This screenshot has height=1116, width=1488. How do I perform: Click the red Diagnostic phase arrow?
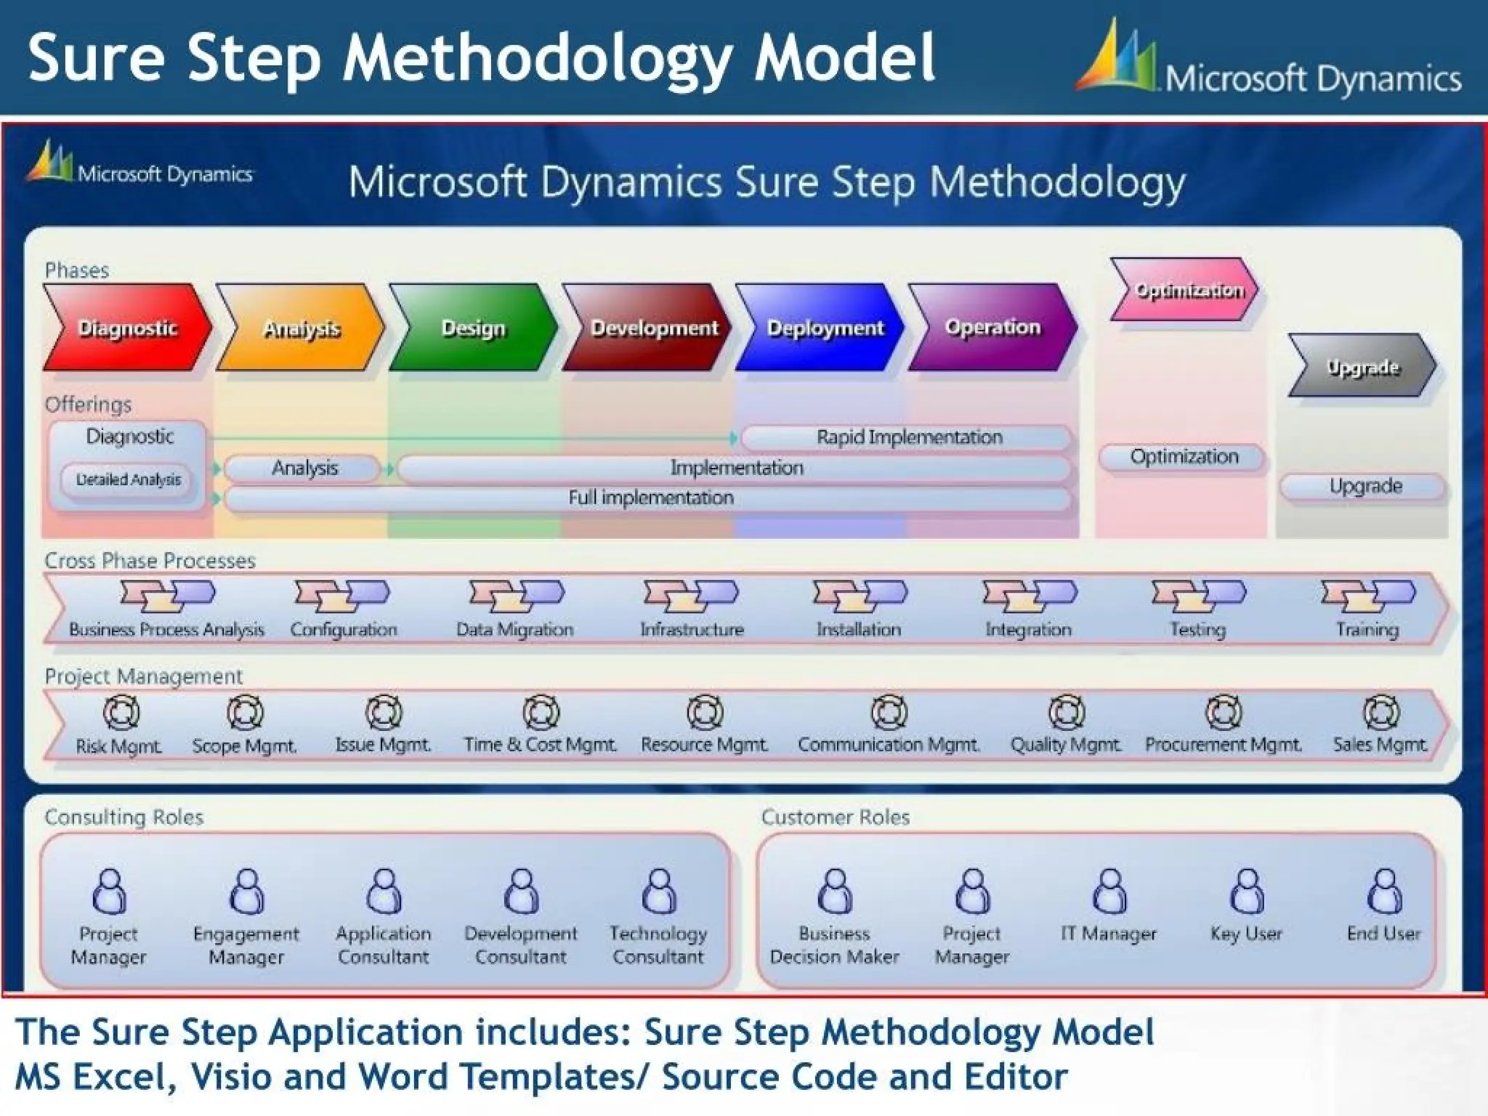[x=127, y=328]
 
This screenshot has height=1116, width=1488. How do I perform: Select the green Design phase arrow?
[x=473, y=328]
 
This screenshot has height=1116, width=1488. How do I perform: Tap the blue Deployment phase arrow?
[x=821, y=328]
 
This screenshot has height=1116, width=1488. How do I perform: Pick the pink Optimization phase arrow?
[x=1186, y=290]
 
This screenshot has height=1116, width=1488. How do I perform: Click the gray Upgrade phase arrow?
[x=1362, y=366]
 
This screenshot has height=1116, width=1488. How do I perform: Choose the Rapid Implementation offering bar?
[x=908, y=437]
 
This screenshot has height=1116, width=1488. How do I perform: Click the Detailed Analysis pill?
[x=129, y=480]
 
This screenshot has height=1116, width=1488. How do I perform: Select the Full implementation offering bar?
[x=650, y=498]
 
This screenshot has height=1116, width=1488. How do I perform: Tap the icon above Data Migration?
[x=515, y=595]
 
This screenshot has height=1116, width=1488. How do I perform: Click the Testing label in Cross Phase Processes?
[x=1197, y=629]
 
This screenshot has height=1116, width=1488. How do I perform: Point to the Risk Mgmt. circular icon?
[x=121, y=713]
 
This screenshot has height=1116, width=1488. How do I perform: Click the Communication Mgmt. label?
[x=889, y=745]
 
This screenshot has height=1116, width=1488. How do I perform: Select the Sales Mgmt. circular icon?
[x=1380, y=713]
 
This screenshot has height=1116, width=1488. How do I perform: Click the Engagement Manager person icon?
[x=246, y=891]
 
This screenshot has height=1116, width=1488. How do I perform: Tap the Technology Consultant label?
[x=658, y=945]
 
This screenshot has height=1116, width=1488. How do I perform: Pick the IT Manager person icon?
[x=1109, y=891]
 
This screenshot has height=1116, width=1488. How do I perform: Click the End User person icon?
[x=1384, y=891]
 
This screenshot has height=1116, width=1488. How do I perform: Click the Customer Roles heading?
[x=836, y=817]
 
